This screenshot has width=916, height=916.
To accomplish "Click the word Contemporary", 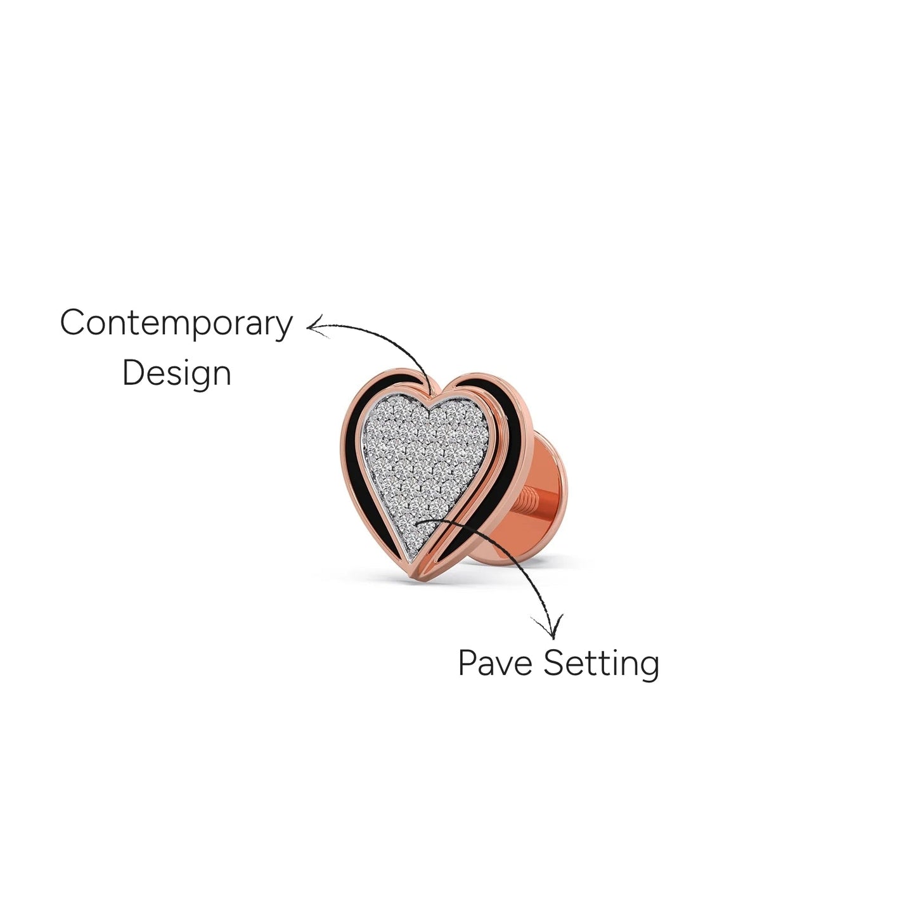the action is (x=176, y=324).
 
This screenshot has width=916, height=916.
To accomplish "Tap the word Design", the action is (x=177, y=373).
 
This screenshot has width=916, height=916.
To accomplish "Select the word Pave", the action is (x=495, y=662).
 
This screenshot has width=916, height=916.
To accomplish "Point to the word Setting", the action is (x=602, y=664).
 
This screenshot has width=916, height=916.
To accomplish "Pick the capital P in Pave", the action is (x=468, y=662).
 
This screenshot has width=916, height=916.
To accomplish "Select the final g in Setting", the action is (x=649, y=668).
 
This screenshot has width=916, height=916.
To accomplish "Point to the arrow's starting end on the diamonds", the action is (x=416, y=522).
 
